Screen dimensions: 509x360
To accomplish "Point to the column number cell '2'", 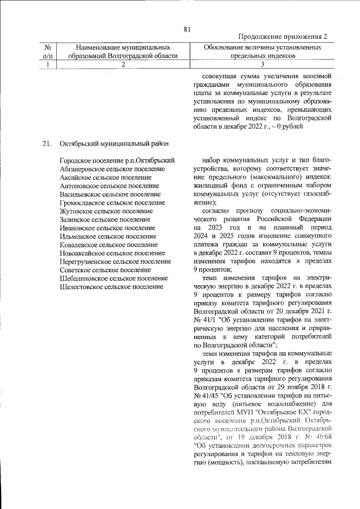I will pos(123,65).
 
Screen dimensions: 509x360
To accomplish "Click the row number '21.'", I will pos(47,143).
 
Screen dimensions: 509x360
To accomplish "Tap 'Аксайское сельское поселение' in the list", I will pos(105,177).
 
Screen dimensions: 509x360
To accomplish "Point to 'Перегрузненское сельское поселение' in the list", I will pos(115,262).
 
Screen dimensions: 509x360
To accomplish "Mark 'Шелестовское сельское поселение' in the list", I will pos(111,287).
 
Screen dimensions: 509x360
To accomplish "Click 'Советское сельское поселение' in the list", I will pos(105,270).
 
